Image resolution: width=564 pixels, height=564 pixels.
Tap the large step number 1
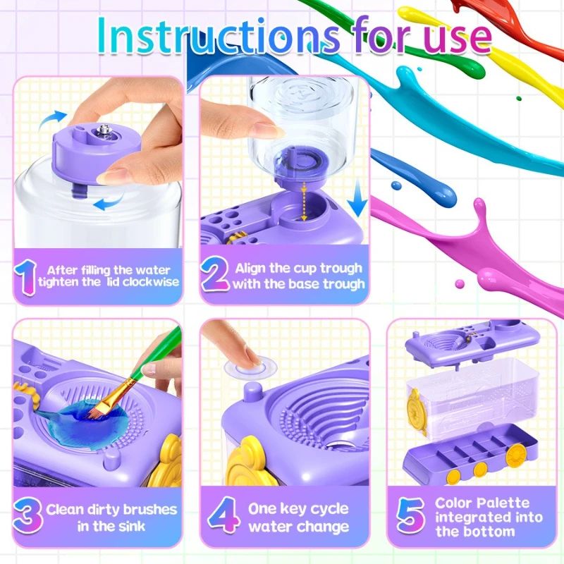(x=26, y=277)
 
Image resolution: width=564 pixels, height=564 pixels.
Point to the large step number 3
(x=27, y=517)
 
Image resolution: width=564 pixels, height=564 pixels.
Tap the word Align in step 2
(x=250, y=268)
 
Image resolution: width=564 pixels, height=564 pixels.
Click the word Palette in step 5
(x=504, y=503)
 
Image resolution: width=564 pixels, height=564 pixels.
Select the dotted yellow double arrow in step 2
(x=304, y=202)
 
